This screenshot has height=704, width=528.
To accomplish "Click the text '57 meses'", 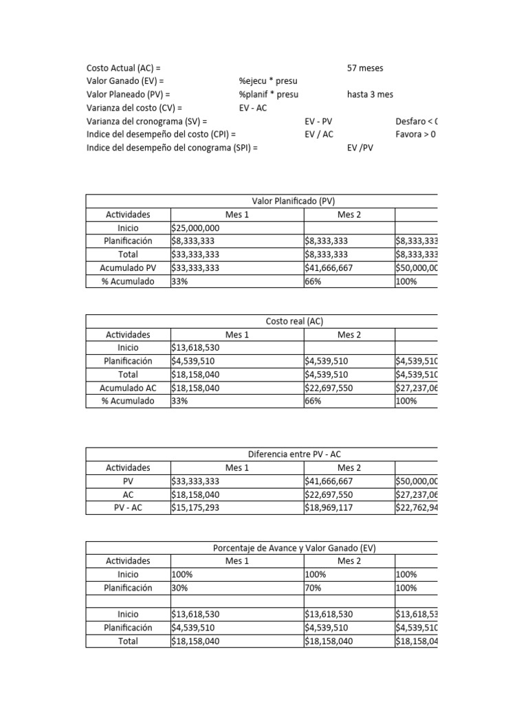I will [x=365, y=68].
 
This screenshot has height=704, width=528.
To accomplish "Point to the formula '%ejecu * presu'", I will [x=268, y=81].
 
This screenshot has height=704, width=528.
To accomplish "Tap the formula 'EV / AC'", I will [x=319, y=134].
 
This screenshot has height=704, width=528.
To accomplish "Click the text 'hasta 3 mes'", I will [x=371, y=95].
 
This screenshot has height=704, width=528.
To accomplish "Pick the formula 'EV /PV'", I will [x=360, y=148].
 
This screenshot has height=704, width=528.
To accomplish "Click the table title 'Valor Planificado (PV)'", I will [x=294, y=201].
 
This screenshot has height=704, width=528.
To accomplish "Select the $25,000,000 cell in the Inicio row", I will [x=195, y=228].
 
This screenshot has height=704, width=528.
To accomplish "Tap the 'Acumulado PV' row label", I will [x=128, y=267].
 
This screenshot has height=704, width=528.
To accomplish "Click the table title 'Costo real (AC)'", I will [x=294, y=321].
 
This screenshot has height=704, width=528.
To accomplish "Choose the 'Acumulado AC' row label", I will [x=128, y=388].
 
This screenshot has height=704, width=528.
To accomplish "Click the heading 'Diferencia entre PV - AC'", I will [x=294, y=454].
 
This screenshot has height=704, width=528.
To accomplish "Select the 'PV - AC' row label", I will [x=128, y=508].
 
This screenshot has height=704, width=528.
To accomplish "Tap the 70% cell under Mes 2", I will [x=312, y=588].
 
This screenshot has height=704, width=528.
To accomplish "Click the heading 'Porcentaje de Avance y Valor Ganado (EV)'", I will [x=294, y=548].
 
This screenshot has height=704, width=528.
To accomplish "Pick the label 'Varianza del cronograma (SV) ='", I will [x=146, y=121].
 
